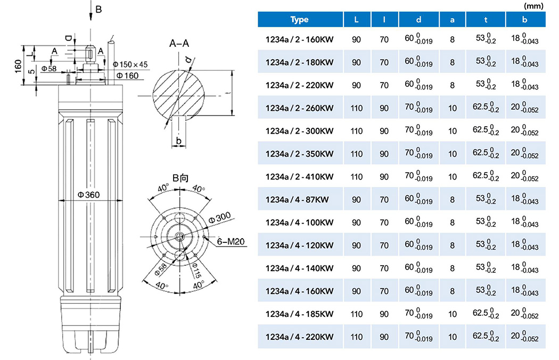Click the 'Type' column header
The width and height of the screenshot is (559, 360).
point(300,20)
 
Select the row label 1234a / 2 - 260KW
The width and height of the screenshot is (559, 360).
point(299,108)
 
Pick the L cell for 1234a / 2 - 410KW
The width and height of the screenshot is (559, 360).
point(357,177)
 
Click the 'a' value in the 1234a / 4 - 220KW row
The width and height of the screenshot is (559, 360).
point(453,337)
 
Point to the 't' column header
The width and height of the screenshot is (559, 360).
point(486,20)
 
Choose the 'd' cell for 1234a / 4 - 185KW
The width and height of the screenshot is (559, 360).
point(418,314)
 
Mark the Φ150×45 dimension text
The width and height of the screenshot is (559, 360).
point(131,65)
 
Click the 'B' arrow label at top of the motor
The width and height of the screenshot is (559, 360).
point(98,9)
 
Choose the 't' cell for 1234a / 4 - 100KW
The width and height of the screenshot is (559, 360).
point(486,223)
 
